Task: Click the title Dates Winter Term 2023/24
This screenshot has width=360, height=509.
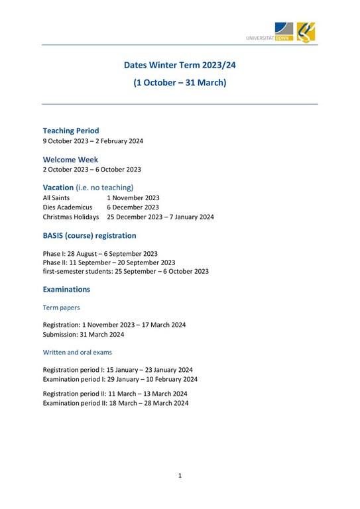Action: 180,65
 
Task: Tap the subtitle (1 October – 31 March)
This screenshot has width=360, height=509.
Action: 180,83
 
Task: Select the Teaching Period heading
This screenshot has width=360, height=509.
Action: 71,131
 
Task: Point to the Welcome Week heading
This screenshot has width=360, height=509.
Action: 70,159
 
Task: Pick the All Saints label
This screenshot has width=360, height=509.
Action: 56,198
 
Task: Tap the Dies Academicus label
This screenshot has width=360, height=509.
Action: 68,207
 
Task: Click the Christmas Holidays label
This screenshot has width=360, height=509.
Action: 71,217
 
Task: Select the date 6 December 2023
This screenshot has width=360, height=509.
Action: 133,207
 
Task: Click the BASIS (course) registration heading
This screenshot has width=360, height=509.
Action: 90,235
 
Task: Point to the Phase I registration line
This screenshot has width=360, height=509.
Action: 100,253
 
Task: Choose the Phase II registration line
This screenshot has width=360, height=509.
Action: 109,262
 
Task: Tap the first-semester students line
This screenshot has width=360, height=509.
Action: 125,271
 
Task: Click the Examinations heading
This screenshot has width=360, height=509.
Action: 66,290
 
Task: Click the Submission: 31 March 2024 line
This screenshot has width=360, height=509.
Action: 84,334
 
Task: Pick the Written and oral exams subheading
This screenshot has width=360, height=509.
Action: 78,352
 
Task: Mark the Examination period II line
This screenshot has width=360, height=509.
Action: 115,403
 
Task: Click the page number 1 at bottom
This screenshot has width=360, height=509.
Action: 180,475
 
